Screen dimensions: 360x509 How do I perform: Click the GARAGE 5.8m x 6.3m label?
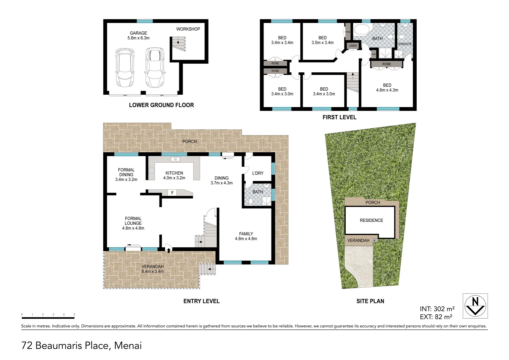click(138, 36)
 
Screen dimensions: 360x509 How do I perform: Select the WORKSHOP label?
click(188, 29)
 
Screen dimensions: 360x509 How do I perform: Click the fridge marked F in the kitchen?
click(172, 193)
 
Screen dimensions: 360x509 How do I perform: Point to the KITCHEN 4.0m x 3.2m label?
click(174, 175)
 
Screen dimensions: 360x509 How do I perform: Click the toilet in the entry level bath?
click(251, 201)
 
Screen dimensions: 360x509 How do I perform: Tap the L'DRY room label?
click(257, 173)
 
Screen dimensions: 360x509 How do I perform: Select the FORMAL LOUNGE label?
click(133, 223)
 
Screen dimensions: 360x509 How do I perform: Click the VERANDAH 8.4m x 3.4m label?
click(152, 269)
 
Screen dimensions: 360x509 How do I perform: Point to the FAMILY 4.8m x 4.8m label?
click(246, 236)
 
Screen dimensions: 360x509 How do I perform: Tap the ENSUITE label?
click(405, 44)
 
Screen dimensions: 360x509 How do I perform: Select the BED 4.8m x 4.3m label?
click(387, 88)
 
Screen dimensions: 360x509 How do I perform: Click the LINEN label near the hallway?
click(352, 46)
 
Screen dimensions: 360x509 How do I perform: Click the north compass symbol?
click(475, 306)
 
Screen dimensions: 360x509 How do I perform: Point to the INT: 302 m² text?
click(437, 309)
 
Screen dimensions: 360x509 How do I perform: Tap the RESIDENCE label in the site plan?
click(371, 220)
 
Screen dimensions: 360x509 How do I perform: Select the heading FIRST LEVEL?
click(339, 117)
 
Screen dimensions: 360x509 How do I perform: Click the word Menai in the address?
click(128, 345)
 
